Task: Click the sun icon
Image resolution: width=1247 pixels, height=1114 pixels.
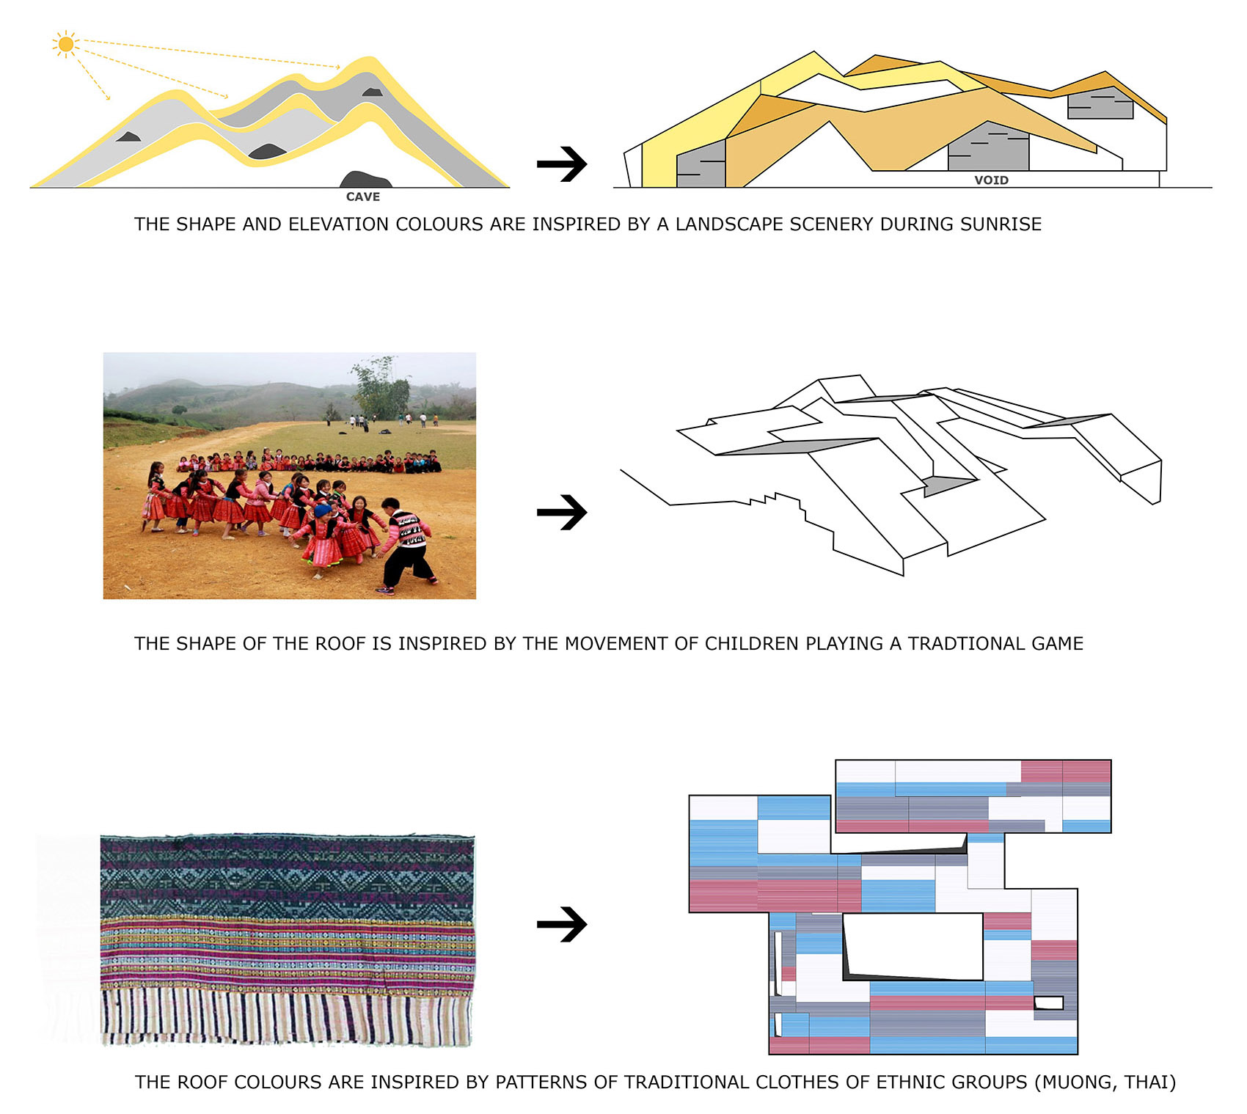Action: (x=66, y=45)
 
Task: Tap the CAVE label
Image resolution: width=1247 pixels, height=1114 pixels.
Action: (x=363, y=197)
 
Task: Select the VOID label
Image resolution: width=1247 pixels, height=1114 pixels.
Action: (x=991, y=180)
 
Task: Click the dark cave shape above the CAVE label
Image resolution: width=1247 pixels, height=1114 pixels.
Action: (x=365, y=179)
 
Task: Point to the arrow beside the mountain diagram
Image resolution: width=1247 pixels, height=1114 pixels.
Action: (x=562, y=164)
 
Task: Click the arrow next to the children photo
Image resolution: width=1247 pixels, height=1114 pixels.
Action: (x=562, y=512)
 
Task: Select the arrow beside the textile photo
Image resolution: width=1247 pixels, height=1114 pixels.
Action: (x=562, y=924)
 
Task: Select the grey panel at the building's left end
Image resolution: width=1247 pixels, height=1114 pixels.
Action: (x=701, y=164)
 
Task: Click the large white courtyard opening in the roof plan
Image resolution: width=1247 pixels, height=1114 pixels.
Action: (x=913, y=945)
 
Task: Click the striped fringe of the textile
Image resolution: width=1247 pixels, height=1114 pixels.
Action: (x=288, y=1015)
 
